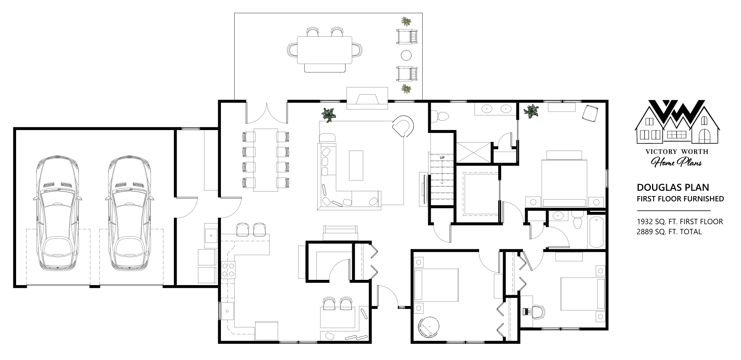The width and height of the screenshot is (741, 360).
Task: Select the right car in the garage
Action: pos(130,213)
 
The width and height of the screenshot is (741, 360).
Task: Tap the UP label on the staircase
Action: pos(442,157)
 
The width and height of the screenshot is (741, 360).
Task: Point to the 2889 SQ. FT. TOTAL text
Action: pos(669,232)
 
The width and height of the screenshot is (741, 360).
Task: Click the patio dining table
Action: pos(324,50)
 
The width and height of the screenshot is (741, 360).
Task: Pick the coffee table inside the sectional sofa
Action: pos(355,165)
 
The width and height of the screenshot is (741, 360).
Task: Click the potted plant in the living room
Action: pos(329,114)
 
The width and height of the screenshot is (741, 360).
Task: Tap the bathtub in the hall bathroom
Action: pos(597,232)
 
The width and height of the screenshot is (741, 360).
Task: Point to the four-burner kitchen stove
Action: pos(228,269)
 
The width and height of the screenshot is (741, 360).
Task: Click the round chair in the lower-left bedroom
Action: pos(429,327)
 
